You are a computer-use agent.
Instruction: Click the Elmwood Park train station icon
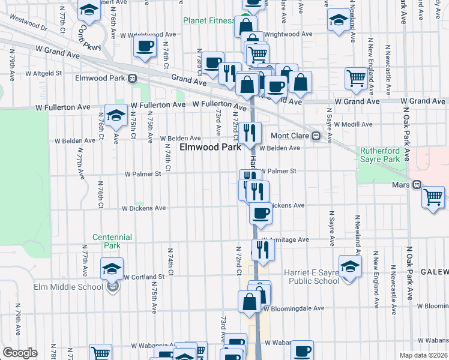131,78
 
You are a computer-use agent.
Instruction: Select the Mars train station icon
417,185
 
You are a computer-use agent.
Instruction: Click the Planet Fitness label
209,20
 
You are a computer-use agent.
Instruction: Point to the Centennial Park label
107,241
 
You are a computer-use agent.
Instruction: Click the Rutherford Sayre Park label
379,155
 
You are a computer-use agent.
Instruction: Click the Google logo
20,353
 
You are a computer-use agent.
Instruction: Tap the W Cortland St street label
144,277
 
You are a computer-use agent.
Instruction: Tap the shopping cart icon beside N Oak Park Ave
433,197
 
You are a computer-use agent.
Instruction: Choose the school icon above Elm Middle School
112,269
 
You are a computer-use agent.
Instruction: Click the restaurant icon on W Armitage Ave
263,249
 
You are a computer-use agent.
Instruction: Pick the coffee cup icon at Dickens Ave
261,213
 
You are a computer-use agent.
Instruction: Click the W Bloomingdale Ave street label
294,308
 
